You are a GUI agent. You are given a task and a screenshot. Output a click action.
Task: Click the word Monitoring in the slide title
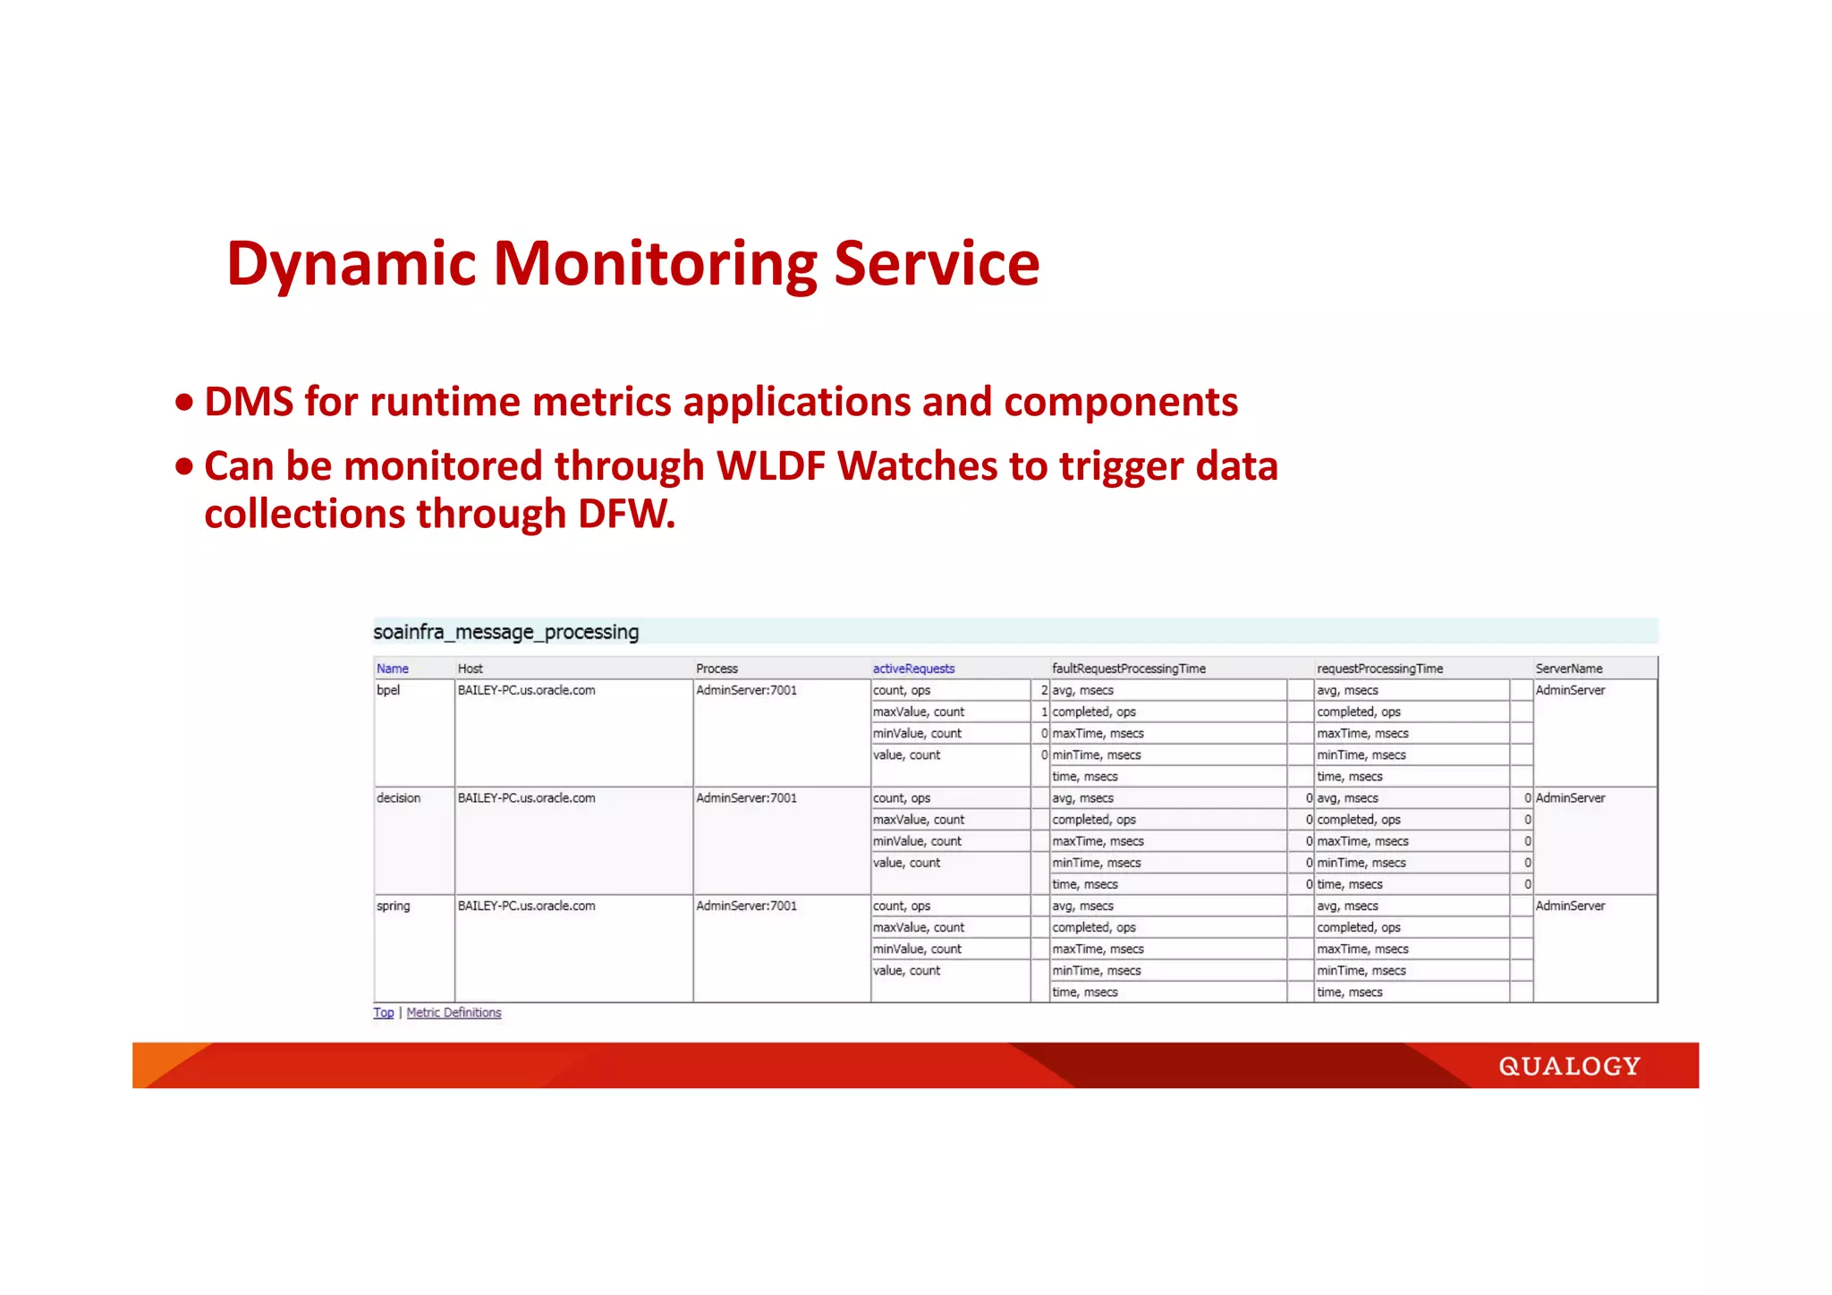(655, 265)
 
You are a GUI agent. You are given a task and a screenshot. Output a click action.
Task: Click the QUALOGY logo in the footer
(1569, 1066)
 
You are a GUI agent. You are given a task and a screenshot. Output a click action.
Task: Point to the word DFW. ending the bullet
(626, 515)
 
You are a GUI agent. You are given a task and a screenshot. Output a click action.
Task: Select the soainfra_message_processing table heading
(505, 632)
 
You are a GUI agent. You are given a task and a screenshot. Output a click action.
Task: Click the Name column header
(392, 669)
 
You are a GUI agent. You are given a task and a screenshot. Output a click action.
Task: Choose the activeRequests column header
(913, 669)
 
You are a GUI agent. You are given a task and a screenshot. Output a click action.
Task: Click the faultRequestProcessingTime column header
(1128, 669)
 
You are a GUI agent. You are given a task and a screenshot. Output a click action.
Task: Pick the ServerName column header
(1568, 669)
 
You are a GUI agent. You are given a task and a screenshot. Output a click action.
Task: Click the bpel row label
(388, 690)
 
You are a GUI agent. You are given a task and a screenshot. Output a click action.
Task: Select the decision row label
(398, 797)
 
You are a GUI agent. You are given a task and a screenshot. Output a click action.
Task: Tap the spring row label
(393, 906)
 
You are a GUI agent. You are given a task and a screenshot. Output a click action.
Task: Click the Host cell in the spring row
(526, 906)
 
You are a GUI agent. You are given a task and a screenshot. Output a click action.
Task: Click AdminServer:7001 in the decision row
(746, 797)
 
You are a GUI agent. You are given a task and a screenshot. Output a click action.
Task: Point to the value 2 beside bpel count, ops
(1044, 690)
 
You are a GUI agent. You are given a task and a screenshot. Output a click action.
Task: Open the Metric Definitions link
(454, 1012)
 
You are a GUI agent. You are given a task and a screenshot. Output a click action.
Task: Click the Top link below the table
(383, 1012)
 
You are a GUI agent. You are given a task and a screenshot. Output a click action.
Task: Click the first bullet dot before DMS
(184, 403)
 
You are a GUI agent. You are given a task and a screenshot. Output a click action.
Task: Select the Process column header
(717, 669)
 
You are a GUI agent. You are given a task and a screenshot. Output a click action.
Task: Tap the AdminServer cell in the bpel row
(1570, 690)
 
